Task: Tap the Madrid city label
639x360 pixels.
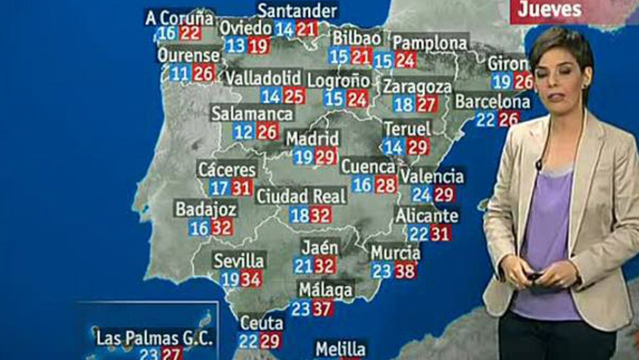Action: coord(313,139)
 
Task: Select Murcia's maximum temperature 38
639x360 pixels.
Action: coord(404,272)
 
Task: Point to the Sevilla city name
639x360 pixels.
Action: coord(238,261)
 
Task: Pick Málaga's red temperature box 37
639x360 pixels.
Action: coord(323,309)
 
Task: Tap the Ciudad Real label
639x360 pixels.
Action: coord(301,197)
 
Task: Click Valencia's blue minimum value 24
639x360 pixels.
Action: coord(421,195)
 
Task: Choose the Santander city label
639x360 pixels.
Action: coord(298,11)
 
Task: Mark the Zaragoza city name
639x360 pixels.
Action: coord(417,87)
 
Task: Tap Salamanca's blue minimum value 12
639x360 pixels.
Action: coord(243,132)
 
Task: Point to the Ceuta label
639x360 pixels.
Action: coord(262,323)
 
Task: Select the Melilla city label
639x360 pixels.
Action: coord(340,350)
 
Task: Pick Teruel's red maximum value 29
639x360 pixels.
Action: coord(418,147)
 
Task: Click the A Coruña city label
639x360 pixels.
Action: coord(179,18)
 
